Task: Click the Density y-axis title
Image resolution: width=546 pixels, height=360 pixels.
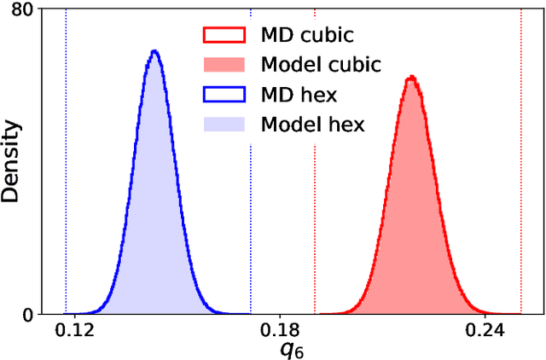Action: point(12,161)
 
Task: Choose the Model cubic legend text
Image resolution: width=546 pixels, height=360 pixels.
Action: point(321,65)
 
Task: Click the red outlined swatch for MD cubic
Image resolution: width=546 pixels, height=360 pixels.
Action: point(224,36)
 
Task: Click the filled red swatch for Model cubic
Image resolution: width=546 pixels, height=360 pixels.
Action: point(224,65)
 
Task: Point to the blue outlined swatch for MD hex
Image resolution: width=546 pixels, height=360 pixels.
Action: point(224,95)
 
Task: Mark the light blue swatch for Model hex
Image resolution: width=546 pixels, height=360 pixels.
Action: point(224,125)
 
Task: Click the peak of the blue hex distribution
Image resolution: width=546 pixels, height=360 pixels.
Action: point(154,51)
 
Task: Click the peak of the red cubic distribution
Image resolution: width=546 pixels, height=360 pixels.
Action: point(411,78)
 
